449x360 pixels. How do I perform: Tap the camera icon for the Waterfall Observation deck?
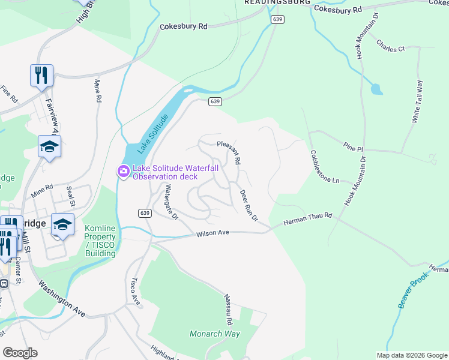(x=124, y=172)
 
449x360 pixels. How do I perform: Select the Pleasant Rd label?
(x=229, y=153)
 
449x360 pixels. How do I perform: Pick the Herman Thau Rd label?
(x=308, y=218)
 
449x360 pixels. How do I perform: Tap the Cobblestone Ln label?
(x=325, y=167)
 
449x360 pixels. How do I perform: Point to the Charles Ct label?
(x=391, y=44)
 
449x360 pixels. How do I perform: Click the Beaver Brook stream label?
(x=414, y=290)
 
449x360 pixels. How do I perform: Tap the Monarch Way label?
(x=215, y=334)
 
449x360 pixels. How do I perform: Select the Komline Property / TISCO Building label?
(x=100, y=241)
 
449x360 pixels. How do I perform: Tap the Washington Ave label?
(x=62, y=298)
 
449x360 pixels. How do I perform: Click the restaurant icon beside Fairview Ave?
(x=41, y=75)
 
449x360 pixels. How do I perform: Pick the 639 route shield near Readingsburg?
(x=277, y=20)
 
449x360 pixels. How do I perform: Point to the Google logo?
(x=20, y=353)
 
